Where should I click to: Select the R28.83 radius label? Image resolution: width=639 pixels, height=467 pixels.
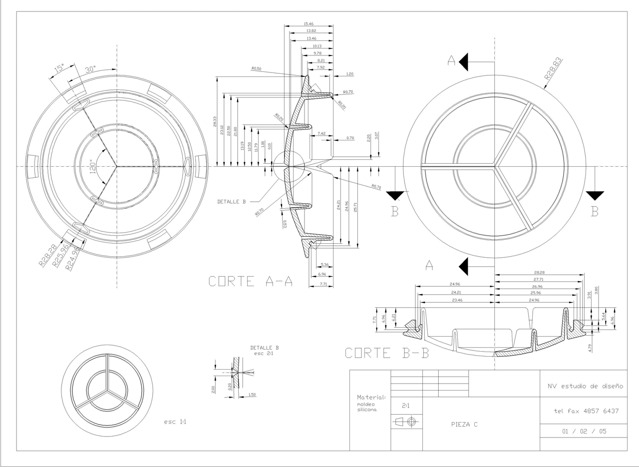(553, 69)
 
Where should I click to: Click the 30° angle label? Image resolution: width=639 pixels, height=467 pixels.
(92, 70)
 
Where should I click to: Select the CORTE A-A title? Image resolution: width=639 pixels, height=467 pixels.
(251, 282)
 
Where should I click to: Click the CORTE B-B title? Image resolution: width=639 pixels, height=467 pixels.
(387, 353)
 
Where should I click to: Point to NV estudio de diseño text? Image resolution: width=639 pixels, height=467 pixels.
(585, 386)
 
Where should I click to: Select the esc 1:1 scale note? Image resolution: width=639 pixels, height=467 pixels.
(175, 422)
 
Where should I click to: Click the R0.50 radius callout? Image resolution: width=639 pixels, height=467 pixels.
(256, 69)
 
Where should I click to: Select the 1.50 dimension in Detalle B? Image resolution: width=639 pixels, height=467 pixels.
(252, 395)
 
